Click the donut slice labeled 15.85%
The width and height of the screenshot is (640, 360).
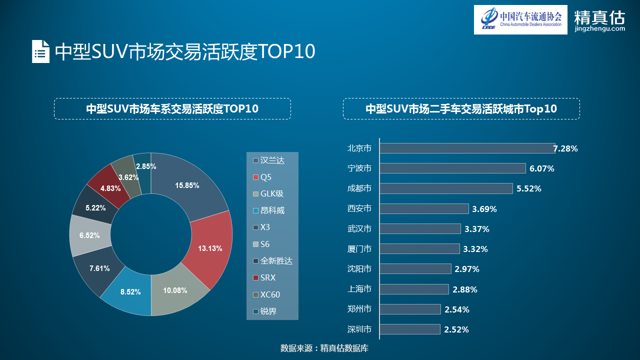tap(190, 185)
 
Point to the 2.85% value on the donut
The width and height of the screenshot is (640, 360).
tap(146, 166)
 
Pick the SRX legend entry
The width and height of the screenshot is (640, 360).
tap(268, 277)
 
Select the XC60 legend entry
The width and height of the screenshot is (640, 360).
tap(270, 294)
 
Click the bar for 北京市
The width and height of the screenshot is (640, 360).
tap(467, 148)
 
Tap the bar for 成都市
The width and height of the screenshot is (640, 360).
tap(446, 188)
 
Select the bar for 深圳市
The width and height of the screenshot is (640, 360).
tap(410, 329)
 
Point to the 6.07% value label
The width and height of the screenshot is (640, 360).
tap(542, 168)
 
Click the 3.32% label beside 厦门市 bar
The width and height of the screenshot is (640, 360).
tap(475, 249)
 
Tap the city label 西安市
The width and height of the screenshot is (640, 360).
tap(359, 208)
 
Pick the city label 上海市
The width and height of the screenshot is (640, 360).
tap(359, 289)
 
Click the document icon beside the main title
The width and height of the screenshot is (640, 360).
tap(40, 51)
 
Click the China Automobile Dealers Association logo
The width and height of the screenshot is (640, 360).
tap(520, 19)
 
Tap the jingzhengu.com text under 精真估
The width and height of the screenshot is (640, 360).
tap(599, 28)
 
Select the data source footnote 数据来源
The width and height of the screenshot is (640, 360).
tap(324, 348)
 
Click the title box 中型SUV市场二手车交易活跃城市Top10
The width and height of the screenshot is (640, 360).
tap(461, 108)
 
